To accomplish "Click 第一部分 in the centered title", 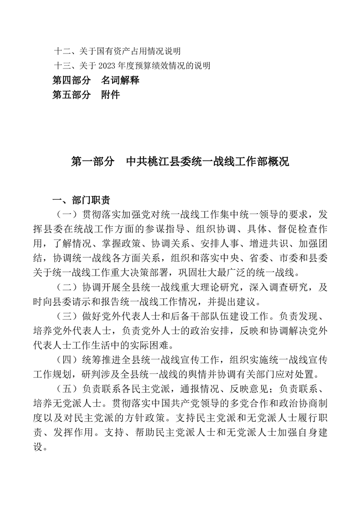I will [x=93, y=162].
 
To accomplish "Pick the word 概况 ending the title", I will [x=277, y=162].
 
